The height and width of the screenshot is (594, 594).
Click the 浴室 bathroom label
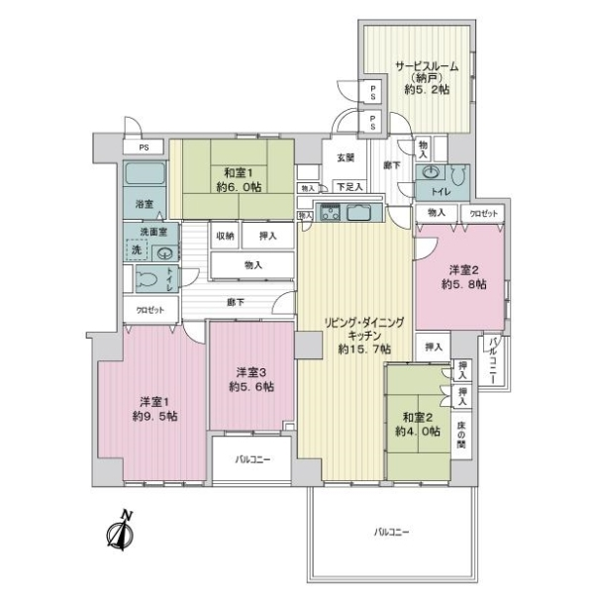coord(145,204)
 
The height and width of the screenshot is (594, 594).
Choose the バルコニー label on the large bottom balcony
coord(393,532)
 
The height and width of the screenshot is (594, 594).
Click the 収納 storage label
coord(224,236)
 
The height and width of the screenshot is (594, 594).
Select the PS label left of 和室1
coord(145,148)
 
